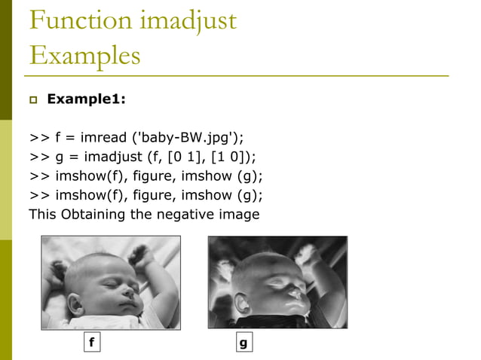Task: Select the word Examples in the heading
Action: [x=84, y=56]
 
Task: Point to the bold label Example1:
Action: [x=87, y=99]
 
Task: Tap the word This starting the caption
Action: [x=42, y=214]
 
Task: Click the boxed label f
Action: [x=91, y=343]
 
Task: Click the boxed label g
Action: [x=242, y=343]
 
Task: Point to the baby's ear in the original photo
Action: [x=76, y=304]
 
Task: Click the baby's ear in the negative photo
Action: [x=243, y=304]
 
